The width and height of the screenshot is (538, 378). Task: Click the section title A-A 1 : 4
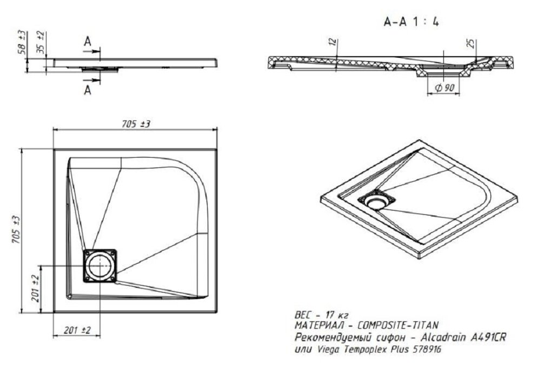pos(411,22)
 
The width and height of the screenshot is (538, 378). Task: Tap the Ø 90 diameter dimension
pos(444,88)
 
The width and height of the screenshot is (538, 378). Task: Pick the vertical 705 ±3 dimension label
pos(16,230)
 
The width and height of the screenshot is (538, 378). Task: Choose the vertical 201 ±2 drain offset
pos(35,288)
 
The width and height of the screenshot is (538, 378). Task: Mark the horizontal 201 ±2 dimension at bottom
pos(77,330)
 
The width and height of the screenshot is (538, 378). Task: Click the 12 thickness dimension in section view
pos(331,42)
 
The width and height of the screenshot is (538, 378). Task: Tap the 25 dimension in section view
pos(471,43)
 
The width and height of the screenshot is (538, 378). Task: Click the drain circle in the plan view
pos(99,266)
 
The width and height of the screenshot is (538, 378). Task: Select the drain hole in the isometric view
pos(377,202)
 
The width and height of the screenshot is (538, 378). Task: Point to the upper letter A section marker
pos(88,42)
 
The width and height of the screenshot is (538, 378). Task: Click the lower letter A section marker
pos(88,91)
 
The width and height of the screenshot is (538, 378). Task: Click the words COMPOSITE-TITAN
pos(398,325)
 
